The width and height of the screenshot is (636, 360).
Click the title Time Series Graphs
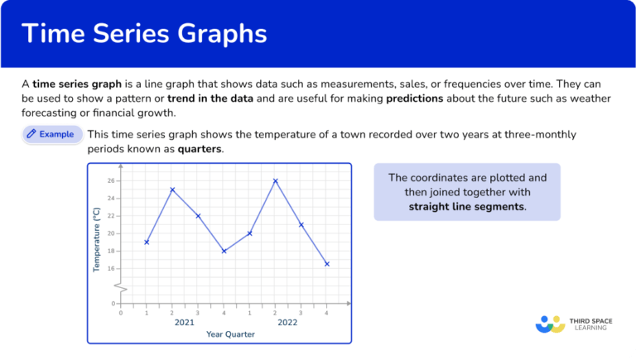pos(144,34)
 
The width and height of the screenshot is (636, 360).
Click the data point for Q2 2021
pos(172,190)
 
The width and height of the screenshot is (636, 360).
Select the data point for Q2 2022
pos(275,180)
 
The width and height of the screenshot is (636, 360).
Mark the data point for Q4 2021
pos(224,251)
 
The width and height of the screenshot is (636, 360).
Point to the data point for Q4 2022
pos(326,264)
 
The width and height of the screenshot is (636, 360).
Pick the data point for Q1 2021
pos(147,242)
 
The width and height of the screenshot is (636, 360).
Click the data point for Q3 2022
pos(301,224)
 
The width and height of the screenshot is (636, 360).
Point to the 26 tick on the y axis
pos(111,180)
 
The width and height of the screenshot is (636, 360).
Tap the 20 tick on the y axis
pos(111,233)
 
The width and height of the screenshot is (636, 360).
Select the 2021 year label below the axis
pos(185,322)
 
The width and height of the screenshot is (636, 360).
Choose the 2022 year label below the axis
pos(287,322)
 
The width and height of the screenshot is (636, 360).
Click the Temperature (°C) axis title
pos(97,240)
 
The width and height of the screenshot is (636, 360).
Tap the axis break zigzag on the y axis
pos(121,286)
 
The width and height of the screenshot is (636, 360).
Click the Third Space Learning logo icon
pos(550,324)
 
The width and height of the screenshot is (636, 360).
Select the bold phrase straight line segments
pos(467,206)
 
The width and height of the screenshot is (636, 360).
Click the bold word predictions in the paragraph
pos(414,98)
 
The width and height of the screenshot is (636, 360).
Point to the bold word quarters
pos(198,149)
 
